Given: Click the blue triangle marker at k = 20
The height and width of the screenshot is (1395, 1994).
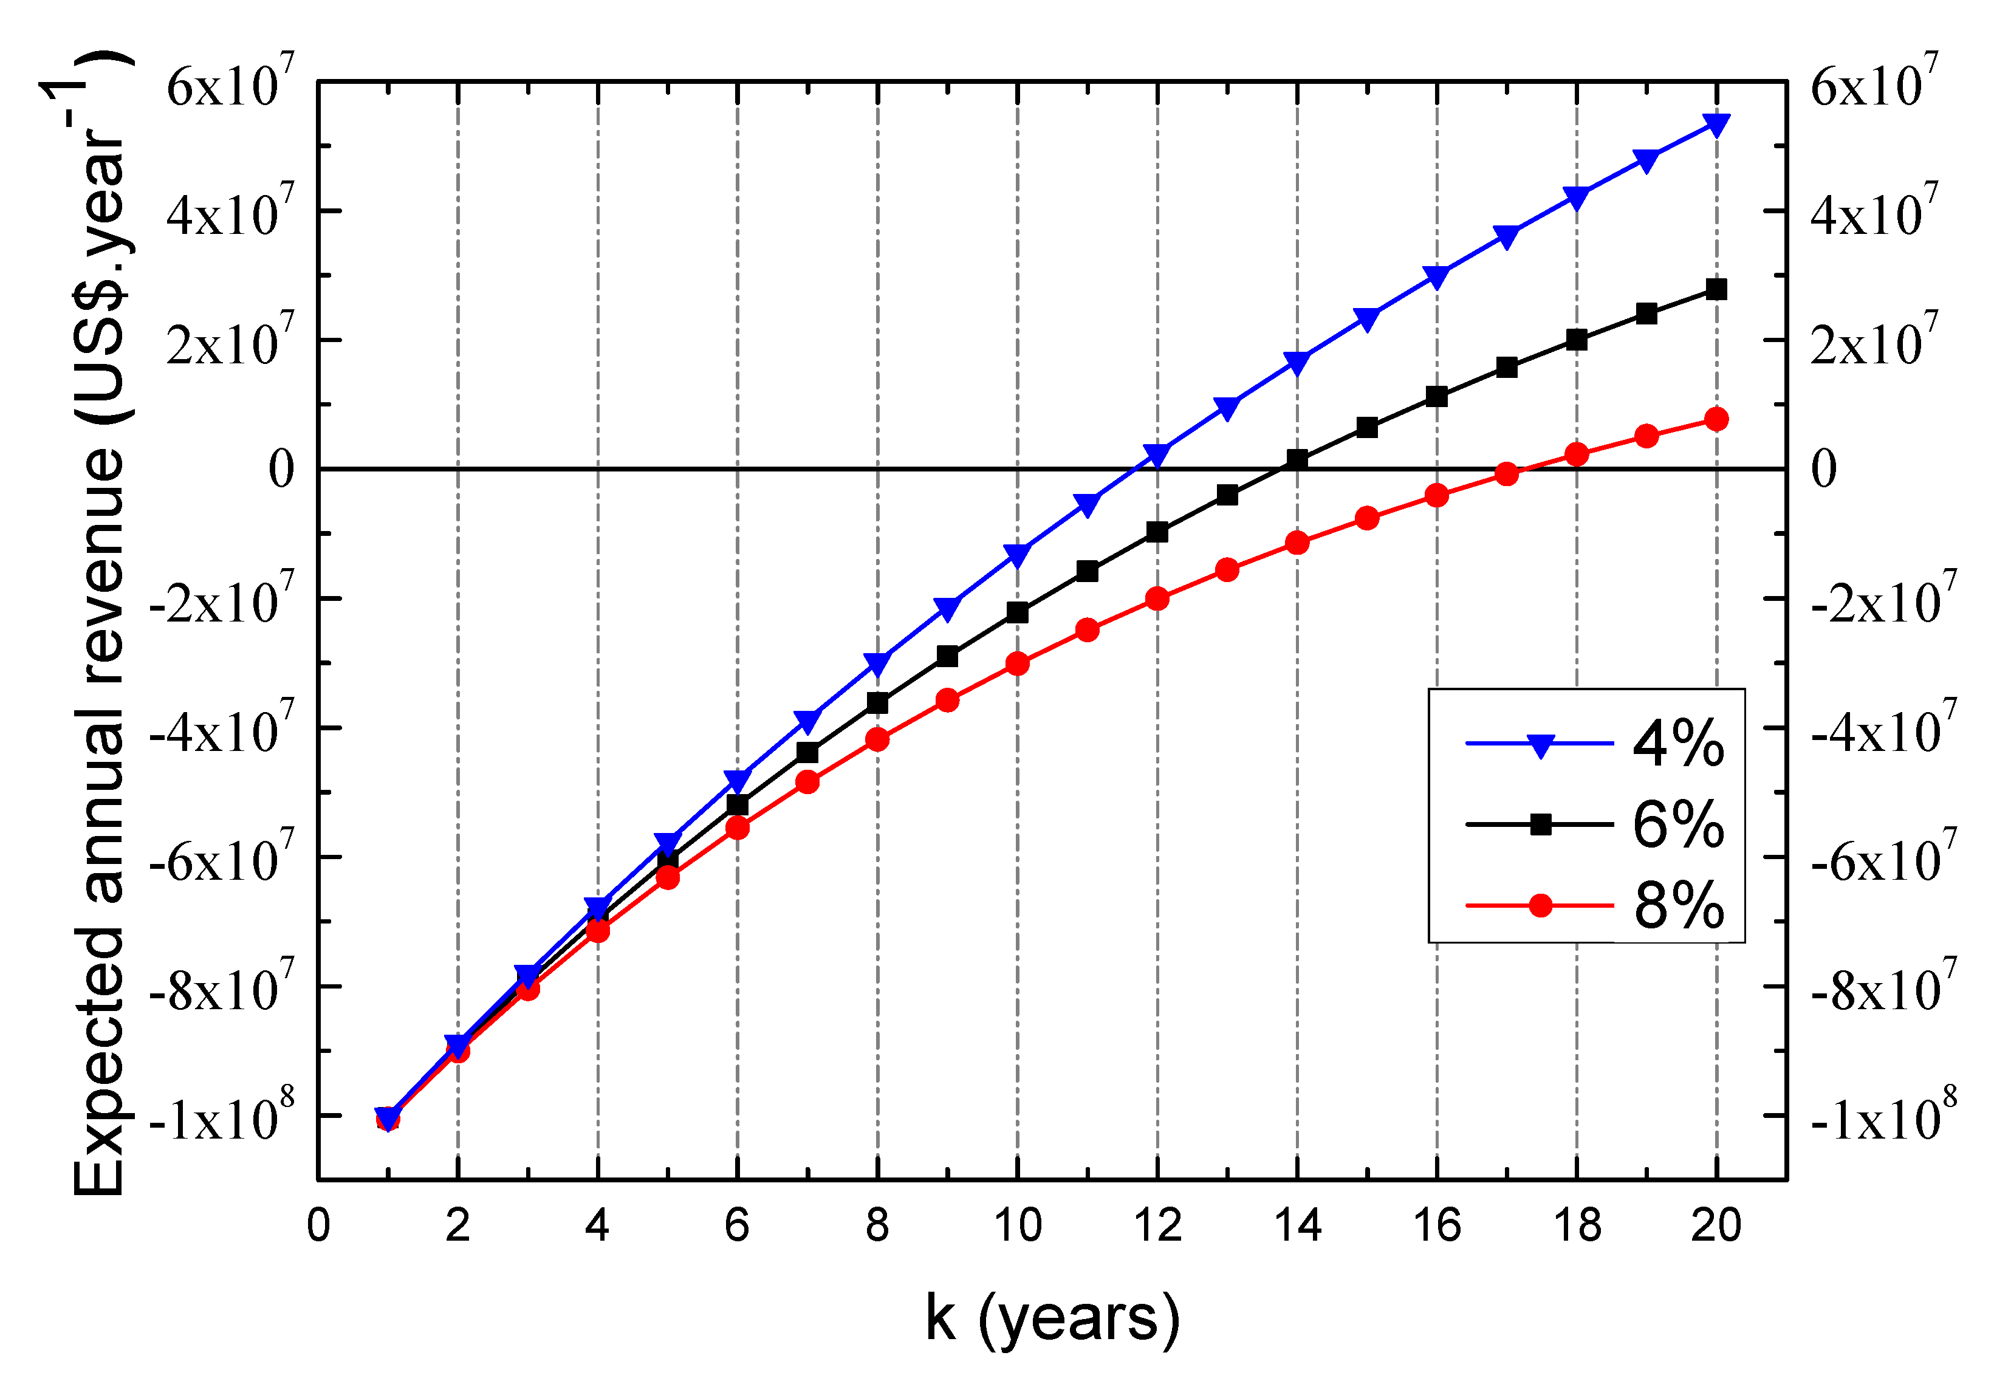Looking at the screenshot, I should pyautogui.click(x=1716, y=124).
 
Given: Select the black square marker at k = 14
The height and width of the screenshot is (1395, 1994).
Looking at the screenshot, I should pyautogui.click(x=1298, y=459).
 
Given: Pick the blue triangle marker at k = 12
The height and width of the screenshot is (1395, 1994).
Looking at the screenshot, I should pyautogui.click(x=1157, y=454).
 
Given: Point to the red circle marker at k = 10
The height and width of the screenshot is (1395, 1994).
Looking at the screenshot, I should pyautogui.click(x=1017, y=663).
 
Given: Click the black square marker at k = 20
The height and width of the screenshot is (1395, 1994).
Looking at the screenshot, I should pyautogui.click(x=1716, y=289).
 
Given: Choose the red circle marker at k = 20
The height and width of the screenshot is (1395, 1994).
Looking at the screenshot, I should pyautogui.click(x=1716, y=420).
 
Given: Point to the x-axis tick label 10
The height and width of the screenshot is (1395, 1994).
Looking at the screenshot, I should pyautogui.click(x=1017, y=1225).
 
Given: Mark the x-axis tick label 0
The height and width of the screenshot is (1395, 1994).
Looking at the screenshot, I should pyautogui.click(x=319, y=1225).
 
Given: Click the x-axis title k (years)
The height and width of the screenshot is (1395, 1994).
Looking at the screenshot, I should pyautogui.click(x=1052, y=1318).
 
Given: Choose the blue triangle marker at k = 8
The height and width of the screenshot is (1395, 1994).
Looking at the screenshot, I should pyautogui.click(x=877, y=663).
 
